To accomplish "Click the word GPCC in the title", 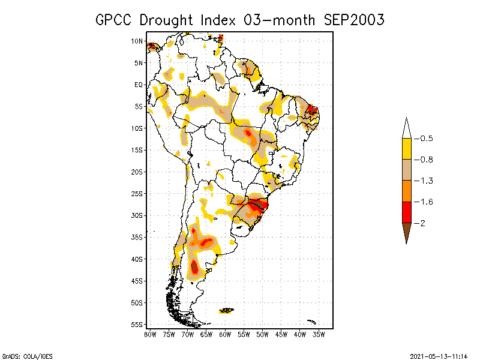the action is (113, 20).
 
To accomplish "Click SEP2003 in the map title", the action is (353, 20).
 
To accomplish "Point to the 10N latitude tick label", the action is (137, 41).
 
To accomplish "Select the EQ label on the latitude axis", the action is (139, 85).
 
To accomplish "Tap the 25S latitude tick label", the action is (137, 194).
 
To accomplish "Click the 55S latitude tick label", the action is (137, 325).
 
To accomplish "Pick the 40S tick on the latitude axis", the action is (137, 259).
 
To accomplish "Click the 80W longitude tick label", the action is (150, 335).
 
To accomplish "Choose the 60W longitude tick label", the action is (225, 335).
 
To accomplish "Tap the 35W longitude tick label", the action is (319, 335).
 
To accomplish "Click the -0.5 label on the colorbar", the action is (424, 139).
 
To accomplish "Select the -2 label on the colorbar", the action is (419, 223).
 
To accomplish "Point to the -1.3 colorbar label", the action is (424, 181).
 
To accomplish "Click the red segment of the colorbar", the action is (407, 212).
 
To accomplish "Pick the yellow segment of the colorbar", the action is (407, 149).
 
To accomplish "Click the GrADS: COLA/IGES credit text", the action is (28, 356).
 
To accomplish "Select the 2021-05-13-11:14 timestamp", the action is (439, 356).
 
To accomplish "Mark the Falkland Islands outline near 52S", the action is (227, 310).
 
